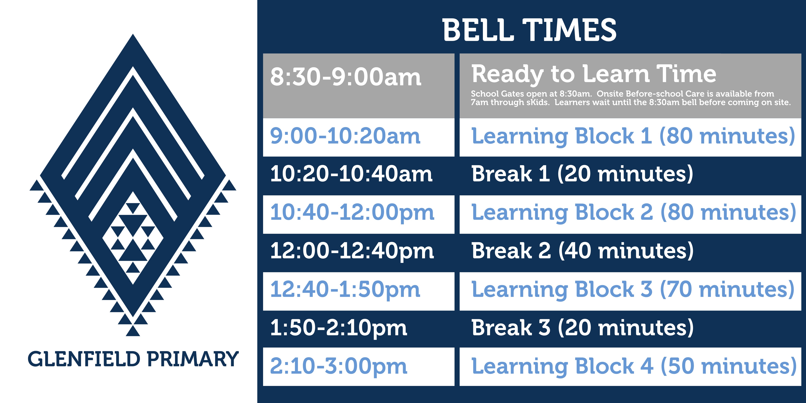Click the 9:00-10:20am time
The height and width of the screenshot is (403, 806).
click(345, 136)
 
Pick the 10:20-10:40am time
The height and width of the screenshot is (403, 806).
click(351, 174)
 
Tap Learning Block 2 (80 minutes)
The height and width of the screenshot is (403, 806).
click(634, 213)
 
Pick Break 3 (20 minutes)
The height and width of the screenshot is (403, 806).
click(583, 328)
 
